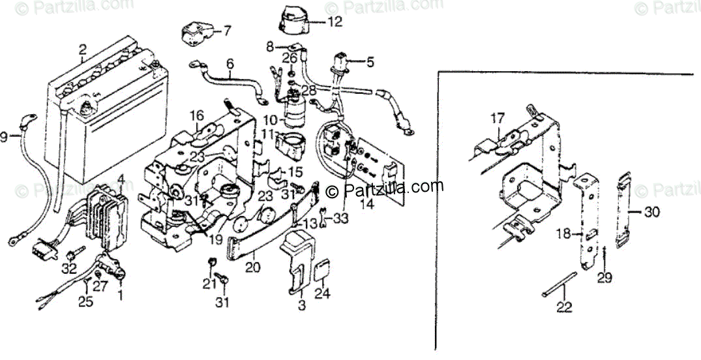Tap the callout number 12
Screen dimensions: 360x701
(x=334, y=22)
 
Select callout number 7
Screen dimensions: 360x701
(x=226, y=30)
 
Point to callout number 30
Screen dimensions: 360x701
(x=652, y=212)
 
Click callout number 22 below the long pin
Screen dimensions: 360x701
(x=561, y=306)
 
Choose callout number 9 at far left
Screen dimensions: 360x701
(x=5, y=137)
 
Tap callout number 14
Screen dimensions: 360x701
(x=367, y=203)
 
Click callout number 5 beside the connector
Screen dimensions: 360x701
(x=370, y=63)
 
